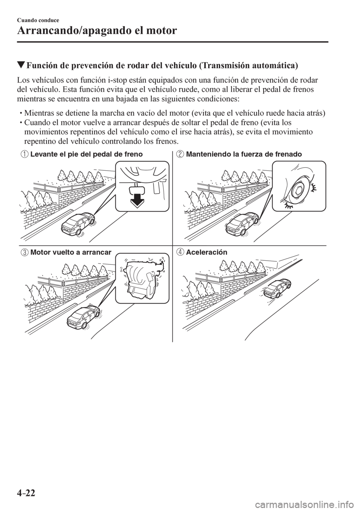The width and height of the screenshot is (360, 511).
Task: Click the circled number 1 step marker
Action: (x=25, y=154)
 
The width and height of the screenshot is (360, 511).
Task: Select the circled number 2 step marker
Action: (x=179, y=154)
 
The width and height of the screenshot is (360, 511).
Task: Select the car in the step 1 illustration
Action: (x=78, y=224)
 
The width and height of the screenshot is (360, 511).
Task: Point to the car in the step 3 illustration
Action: (x=83, y=316)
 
